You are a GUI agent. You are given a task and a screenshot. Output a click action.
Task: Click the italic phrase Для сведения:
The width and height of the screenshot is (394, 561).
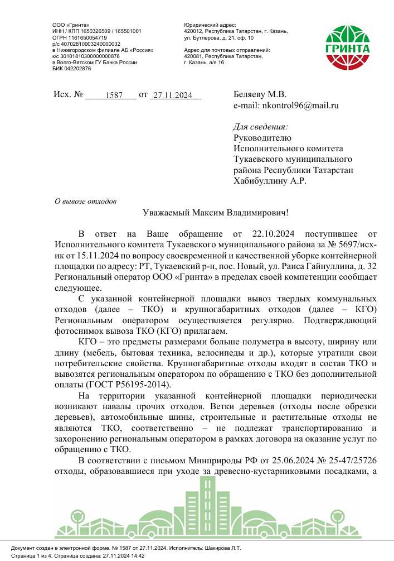click(260, 127)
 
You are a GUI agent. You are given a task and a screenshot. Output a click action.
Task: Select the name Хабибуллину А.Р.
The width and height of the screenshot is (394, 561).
click(269, 180)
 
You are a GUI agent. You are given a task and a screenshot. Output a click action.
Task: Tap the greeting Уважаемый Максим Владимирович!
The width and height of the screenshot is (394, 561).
click(216, 213)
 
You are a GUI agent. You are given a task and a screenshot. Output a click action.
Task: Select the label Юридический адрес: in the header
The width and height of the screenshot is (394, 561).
click(210, 25)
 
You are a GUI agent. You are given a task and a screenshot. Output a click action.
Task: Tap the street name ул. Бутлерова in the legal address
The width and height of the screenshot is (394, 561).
click(202, 38)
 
